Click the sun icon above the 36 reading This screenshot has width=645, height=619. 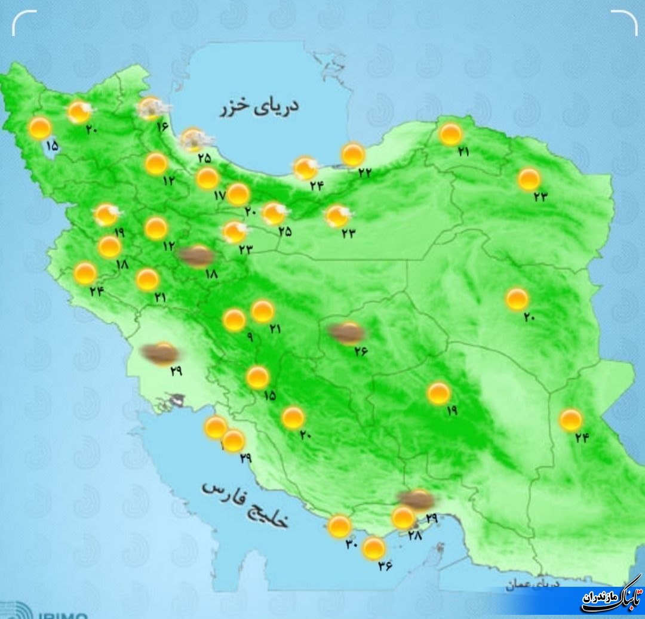(374, 548)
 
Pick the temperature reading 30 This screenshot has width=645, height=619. (352, 544)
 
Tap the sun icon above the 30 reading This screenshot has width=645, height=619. (340, 526)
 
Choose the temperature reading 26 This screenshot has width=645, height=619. (360, 351)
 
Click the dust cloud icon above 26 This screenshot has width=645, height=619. (346, 334)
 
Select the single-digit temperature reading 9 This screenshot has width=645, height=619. (250, 338)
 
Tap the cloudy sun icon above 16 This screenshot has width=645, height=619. (153, 108)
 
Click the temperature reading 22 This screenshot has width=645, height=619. (364, 172)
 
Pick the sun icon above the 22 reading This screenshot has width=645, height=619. (353, 155)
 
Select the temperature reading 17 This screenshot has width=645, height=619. (219, 195)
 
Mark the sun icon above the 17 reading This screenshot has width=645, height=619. (207, 178)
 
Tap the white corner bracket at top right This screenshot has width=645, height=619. (625, 21)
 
